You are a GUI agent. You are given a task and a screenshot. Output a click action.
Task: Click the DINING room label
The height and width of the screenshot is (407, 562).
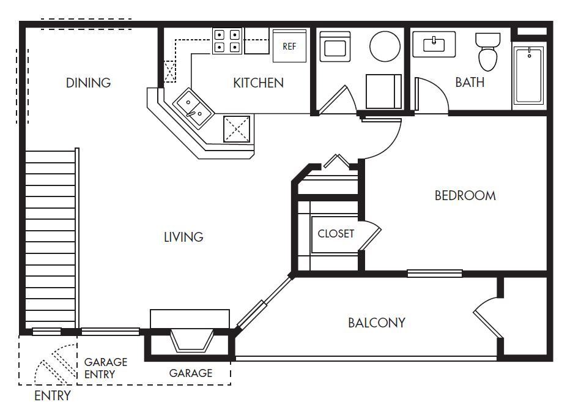click(x=88, y=83)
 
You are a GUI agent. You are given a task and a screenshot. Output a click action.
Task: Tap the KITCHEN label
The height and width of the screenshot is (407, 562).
click(x=258, y=83)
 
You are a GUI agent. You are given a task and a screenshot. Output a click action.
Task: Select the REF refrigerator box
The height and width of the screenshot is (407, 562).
click(x=289, y=46)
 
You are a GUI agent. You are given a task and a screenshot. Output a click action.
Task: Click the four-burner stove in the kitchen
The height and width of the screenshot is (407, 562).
click(x=227, y=40)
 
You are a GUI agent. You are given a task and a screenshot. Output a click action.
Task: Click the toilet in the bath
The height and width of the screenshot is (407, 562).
click(x=487, y=52)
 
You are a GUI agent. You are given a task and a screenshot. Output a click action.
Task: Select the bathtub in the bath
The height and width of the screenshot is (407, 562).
click(x=528, y=75)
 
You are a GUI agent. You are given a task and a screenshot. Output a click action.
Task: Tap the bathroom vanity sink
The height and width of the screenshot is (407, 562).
click(x=434, y=44)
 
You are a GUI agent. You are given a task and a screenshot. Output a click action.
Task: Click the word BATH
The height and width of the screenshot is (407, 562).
click(x=470, y=82)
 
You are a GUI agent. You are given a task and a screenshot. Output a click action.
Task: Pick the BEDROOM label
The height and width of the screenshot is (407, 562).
click(x=465, y=196)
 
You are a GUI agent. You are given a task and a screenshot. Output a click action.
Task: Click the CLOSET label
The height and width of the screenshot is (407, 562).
click(x=336, y=234)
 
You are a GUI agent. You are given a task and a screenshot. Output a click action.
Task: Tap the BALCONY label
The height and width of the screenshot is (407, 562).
click(x=376, y=323)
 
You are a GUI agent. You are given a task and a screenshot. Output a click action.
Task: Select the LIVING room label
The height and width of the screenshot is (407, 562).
click(x=183, y=237)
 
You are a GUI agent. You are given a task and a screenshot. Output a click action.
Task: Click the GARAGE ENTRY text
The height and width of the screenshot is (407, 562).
click(x=105, y=368)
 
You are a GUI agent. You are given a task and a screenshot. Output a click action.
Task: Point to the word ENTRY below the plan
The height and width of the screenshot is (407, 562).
click(x=52, y=395)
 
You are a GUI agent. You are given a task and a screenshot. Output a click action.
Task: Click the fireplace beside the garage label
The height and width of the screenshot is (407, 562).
click(x=191, y=340)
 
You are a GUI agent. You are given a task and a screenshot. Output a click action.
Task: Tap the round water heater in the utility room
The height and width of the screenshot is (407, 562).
click(x=385, y=46)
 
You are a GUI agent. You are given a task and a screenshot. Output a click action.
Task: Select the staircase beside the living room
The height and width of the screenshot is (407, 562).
click(x=51, y=239)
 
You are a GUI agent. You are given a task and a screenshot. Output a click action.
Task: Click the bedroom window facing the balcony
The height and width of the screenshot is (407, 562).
click(x=434, y=273)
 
